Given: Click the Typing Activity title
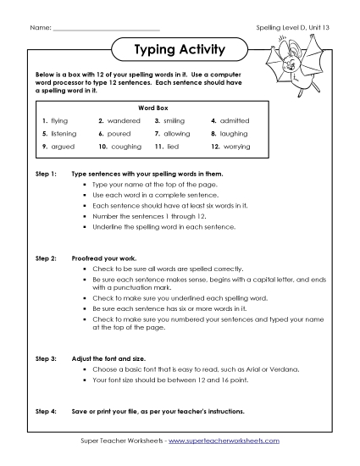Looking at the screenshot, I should [x=180, y=49].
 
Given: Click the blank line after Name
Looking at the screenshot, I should [x=106, y=28].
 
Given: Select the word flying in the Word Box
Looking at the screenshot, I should [x=59, y=121].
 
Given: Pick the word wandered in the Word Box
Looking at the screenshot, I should [x=124, y=121].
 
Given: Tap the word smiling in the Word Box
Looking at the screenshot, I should [x=174, y=121].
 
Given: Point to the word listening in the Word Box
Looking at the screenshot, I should [x=64, y=134].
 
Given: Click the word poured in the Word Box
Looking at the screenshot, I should [x=119, y=134].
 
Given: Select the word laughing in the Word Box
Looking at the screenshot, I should [x=234, y=134].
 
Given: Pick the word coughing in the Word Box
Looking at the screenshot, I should [x=126, y=147].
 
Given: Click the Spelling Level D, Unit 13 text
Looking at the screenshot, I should [x=291, y=28].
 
